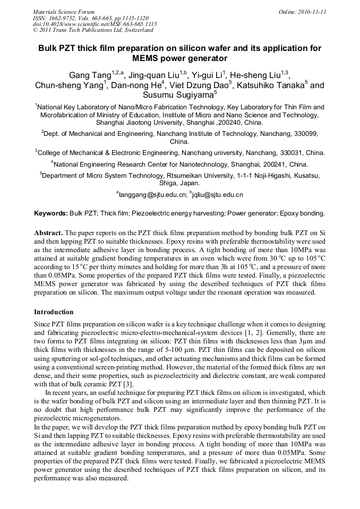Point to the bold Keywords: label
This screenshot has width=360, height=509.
[51, 213]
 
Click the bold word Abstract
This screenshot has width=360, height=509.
[49, 233]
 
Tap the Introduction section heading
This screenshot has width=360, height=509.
[54, 312]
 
